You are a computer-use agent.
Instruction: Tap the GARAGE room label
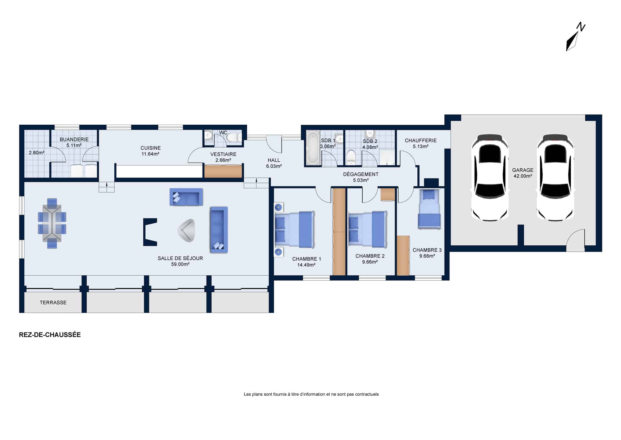522,170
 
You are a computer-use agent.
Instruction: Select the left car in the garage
490,177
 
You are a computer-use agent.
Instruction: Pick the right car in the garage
555,177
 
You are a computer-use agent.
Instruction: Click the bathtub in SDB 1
313,148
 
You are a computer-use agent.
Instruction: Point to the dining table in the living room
52,223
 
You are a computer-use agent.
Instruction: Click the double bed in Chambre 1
295,229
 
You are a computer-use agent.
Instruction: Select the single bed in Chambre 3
429,209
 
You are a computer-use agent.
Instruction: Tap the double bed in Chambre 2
368,229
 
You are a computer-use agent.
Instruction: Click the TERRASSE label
53,302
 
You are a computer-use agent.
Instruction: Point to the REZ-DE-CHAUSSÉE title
50,335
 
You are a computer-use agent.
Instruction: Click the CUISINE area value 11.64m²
150,154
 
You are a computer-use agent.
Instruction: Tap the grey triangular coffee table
187,230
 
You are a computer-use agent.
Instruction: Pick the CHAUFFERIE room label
421,141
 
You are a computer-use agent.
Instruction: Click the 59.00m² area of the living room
180,264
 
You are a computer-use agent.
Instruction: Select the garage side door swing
576,240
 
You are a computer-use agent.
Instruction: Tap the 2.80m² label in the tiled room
37,153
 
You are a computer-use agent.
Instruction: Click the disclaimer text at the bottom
311,394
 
